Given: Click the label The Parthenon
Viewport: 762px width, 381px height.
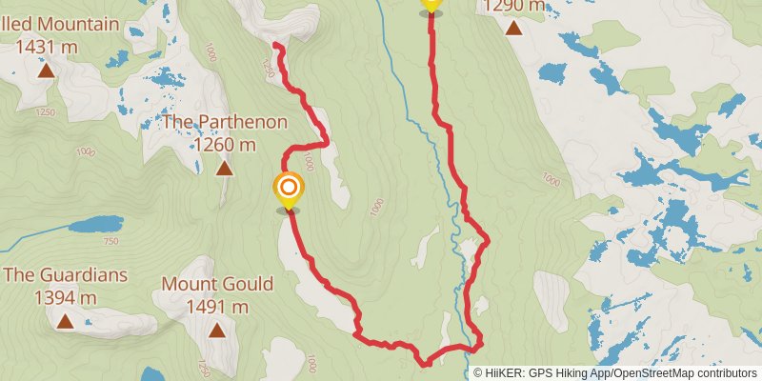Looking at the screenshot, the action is [224, 122].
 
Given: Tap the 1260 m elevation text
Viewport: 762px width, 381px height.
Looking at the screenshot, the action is [225, 145].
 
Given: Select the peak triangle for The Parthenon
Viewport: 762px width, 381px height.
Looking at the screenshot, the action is [224, 169].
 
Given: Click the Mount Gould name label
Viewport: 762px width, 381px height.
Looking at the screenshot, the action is [217, 284].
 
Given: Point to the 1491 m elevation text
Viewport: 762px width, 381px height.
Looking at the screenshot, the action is [218, 307].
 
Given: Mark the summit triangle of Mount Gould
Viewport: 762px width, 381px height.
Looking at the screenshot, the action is [217, 331].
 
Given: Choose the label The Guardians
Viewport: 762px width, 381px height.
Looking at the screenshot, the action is [65, 275].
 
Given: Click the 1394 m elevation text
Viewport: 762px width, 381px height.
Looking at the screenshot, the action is [65, 298].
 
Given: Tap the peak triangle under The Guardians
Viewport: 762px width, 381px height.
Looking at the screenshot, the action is [65, 322].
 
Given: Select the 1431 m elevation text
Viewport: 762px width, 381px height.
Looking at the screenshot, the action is [46, 47].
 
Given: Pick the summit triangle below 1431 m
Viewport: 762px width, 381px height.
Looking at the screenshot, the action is [46, 70].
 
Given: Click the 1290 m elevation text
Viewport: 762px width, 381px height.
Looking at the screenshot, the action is [514, 6].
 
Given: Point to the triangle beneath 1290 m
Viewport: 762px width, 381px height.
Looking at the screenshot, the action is [514, 27].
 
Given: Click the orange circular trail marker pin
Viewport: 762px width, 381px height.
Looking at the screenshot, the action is [288, 188].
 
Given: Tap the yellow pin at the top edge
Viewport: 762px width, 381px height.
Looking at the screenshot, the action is [431, 5].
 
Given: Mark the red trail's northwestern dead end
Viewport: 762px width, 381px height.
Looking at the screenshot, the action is [275, 45].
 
